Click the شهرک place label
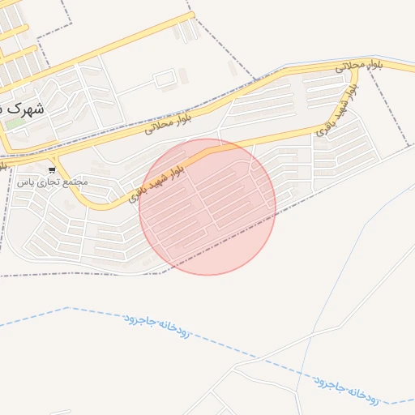click(x=22, y=107)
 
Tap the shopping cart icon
click(x=52, y=170)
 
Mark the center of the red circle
click(x=207, y=207)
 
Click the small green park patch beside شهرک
click(x=14, y=124)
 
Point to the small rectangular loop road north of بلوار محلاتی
click(x=165, y=79)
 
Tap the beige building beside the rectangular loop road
click(x=183, y=75)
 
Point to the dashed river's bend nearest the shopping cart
click(x=69, y=308)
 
